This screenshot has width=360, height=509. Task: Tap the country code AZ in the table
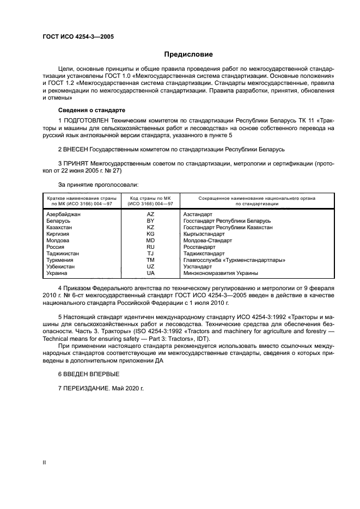150,214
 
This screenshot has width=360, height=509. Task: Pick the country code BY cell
150,221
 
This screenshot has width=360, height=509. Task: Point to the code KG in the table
150,234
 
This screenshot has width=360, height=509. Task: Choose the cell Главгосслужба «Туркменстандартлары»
235,260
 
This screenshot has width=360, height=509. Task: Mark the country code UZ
150,267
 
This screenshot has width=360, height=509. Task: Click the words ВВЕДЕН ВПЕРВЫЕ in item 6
91,375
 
